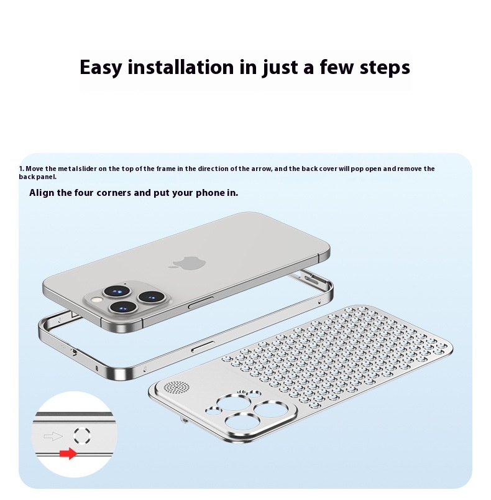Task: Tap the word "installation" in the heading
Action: [181, 67]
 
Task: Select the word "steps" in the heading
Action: [385, 68]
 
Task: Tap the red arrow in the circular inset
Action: [68, 453]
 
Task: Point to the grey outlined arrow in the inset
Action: [53, 436]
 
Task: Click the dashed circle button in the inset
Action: [82, 435]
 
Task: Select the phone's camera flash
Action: [95, 299]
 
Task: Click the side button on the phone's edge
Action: [201, 302]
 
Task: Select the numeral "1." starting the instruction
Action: [21, 169]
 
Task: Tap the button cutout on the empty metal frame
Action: [203, 346]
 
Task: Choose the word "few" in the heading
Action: [337, 67]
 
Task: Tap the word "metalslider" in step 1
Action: [77, 169]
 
